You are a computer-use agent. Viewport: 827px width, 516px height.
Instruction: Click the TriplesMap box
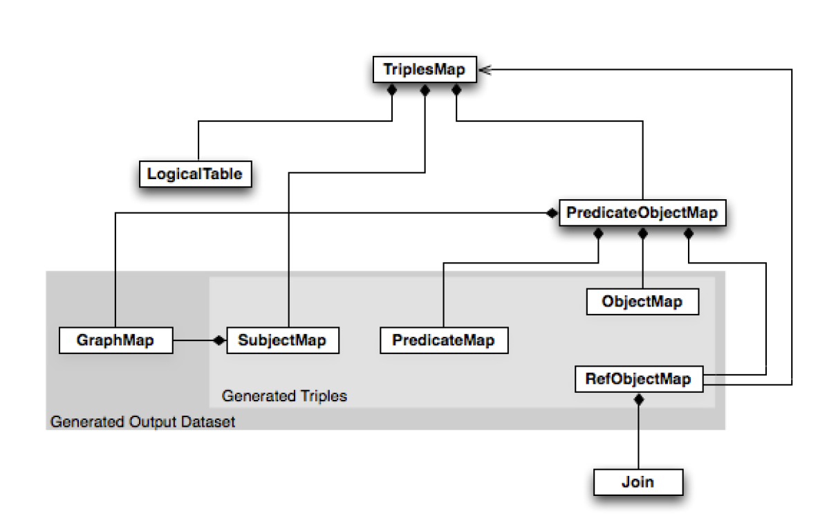(424, 70)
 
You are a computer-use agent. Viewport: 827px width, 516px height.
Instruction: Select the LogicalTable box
(194, 174)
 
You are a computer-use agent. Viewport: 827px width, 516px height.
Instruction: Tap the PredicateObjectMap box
(642, 213)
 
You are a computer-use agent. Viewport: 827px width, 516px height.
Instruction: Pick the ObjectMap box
(642, 302)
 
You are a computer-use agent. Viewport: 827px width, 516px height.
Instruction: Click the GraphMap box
(115, 340)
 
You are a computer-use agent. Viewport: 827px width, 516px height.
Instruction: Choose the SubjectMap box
(282, 340)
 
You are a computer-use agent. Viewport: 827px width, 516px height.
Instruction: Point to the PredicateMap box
(443, 340)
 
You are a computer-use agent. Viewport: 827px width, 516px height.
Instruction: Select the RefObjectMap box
(638, 379)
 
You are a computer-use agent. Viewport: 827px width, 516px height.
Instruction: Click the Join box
(638, 481)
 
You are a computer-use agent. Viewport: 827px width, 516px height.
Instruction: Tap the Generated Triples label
(284, 396)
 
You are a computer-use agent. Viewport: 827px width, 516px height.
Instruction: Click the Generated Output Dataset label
(143, 421)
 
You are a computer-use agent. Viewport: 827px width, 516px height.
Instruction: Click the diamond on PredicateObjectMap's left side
(551, 213)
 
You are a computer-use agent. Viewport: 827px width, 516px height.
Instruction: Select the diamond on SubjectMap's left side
(219, 340)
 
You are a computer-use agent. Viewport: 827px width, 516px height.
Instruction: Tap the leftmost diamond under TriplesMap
(392, 90)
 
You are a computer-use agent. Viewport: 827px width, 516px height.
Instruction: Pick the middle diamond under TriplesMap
(425, 90)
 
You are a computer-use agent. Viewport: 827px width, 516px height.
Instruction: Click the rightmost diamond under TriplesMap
(456, 90)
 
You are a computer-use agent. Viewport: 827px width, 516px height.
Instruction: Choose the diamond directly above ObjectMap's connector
(642, 234)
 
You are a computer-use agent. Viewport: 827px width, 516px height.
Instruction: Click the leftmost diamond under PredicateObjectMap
(598, 234)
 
